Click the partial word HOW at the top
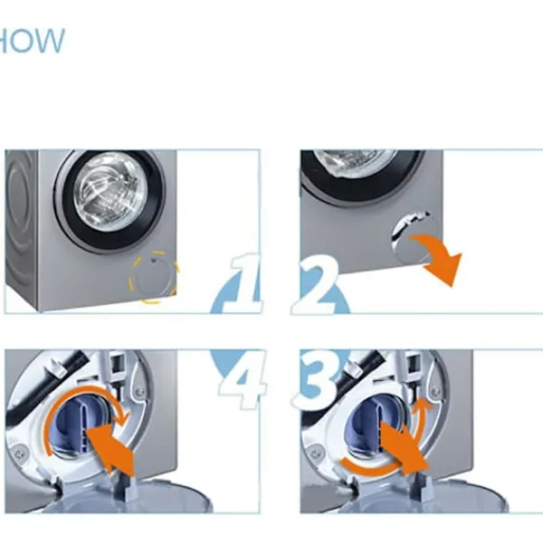click(x=32, y=41)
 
